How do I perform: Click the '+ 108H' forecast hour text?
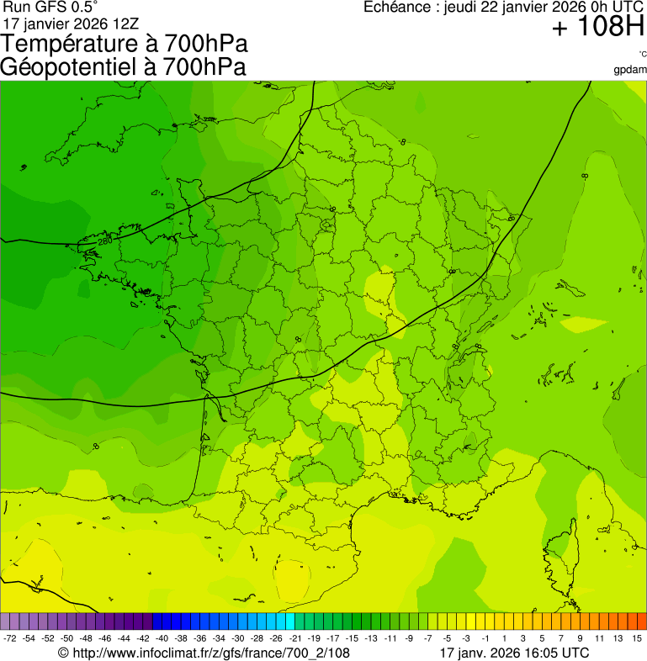pos(598,28)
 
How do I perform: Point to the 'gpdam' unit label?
pos(630,69)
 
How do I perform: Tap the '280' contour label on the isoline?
pos(104,242)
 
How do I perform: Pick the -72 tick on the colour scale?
pos(10,638)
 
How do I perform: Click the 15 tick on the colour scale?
pos(637,638)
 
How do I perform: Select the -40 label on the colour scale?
pos(162,638)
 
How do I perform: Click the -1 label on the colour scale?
pos(485,638)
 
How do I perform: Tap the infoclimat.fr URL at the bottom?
pos(210,653)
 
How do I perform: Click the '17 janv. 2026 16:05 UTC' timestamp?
pos(514,653)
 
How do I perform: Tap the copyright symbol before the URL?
pos(63,653)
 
